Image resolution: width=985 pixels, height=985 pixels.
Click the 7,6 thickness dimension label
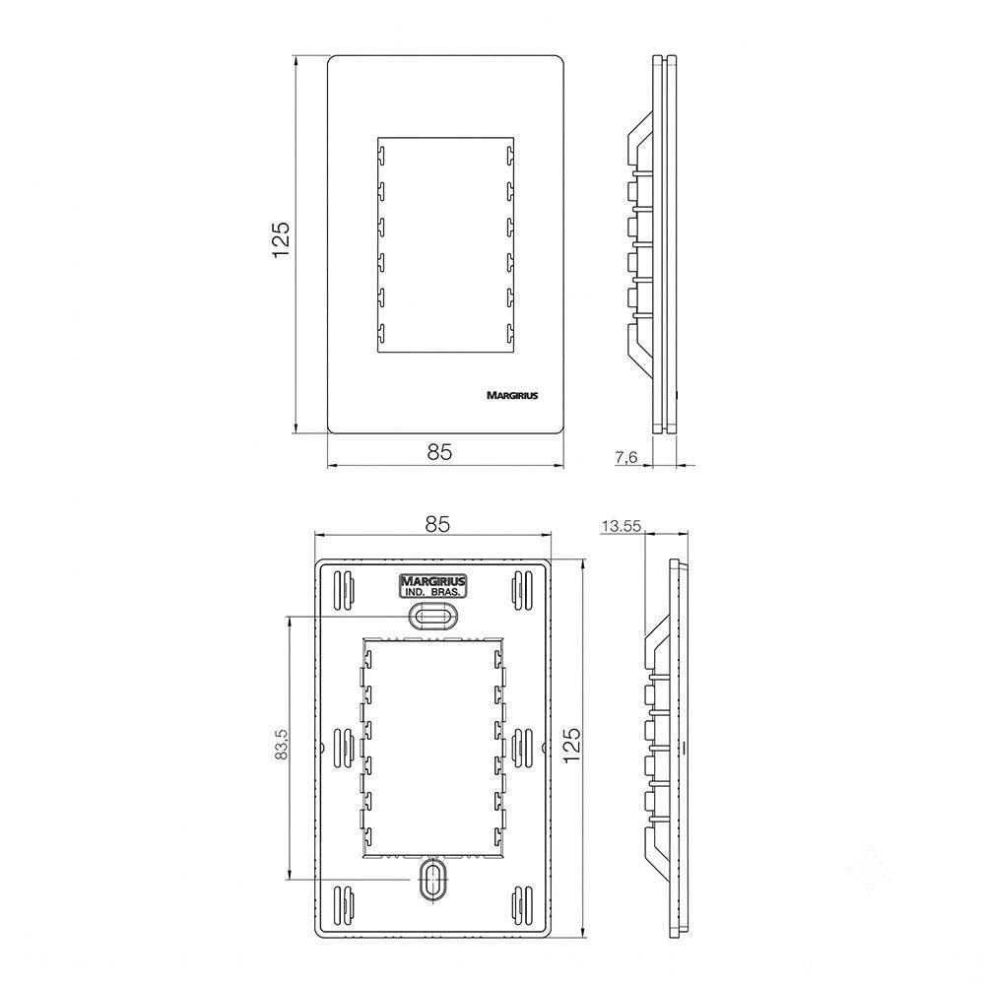tap(625, 457)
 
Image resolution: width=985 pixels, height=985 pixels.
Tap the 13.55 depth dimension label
tap(622, 526)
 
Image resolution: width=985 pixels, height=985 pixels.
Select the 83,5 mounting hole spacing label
tap(282, 743)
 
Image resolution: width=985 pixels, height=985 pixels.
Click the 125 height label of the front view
tap(280, 238)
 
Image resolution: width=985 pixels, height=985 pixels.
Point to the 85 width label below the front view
tap(439, 452)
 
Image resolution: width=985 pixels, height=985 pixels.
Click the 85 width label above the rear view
tap(437, 524)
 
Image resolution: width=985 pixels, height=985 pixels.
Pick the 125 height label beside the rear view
tap(571, 745)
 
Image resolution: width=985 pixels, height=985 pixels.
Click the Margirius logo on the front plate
tap(512, 396)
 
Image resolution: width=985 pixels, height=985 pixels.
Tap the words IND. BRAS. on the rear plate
tap(432, 592)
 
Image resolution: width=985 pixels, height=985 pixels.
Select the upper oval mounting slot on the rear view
tap(432, 615)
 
